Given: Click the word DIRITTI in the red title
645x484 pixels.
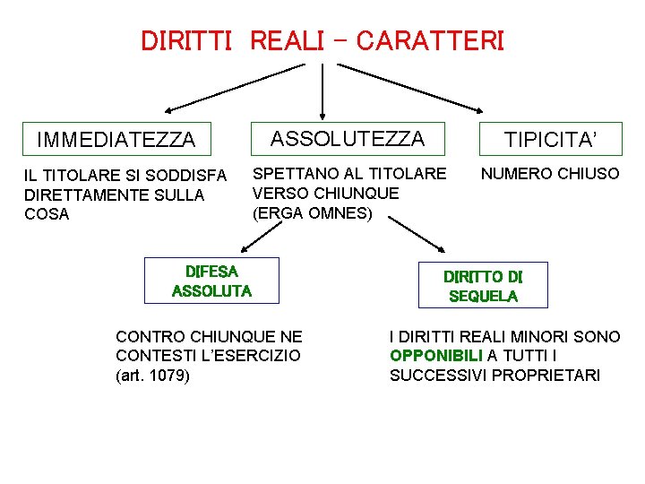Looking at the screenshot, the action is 187,40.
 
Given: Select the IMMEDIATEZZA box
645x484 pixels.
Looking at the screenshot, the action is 116,139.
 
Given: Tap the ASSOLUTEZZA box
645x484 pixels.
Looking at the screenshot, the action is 348,138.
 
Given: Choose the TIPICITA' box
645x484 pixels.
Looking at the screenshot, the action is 550,139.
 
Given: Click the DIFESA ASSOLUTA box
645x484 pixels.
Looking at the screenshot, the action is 211,280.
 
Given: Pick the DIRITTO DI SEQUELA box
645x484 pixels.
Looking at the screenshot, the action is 483,285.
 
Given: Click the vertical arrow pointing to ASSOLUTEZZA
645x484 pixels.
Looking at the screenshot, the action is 322,90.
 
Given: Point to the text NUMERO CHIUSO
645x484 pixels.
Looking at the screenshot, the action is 550,174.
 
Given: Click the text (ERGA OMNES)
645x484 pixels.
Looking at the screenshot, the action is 312,212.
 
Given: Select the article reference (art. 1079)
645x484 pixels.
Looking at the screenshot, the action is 152,376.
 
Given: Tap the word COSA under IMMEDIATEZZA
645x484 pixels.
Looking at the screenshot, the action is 47,214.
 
